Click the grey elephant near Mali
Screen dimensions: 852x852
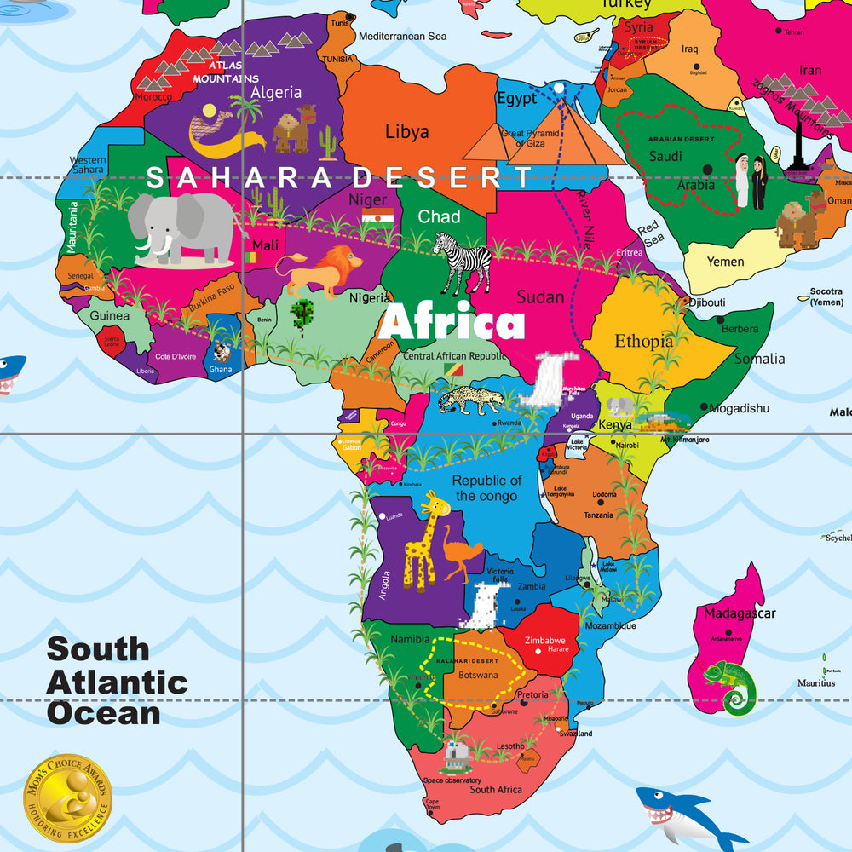pos(182,228)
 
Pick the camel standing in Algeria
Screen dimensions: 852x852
pos(295,129)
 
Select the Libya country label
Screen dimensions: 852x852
pos(406,132)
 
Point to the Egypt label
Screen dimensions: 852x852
pos(516,98)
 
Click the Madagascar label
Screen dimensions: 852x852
pos(739,613)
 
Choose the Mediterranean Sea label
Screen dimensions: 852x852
pos(402,37)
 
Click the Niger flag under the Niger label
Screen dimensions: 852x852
pos(377,217)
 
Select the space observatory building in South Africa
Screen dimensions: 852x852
pos(453,755)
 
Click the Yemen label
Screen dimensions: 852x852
pos(725,262)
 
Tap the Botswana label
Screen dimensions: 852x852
pos(478,675)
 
